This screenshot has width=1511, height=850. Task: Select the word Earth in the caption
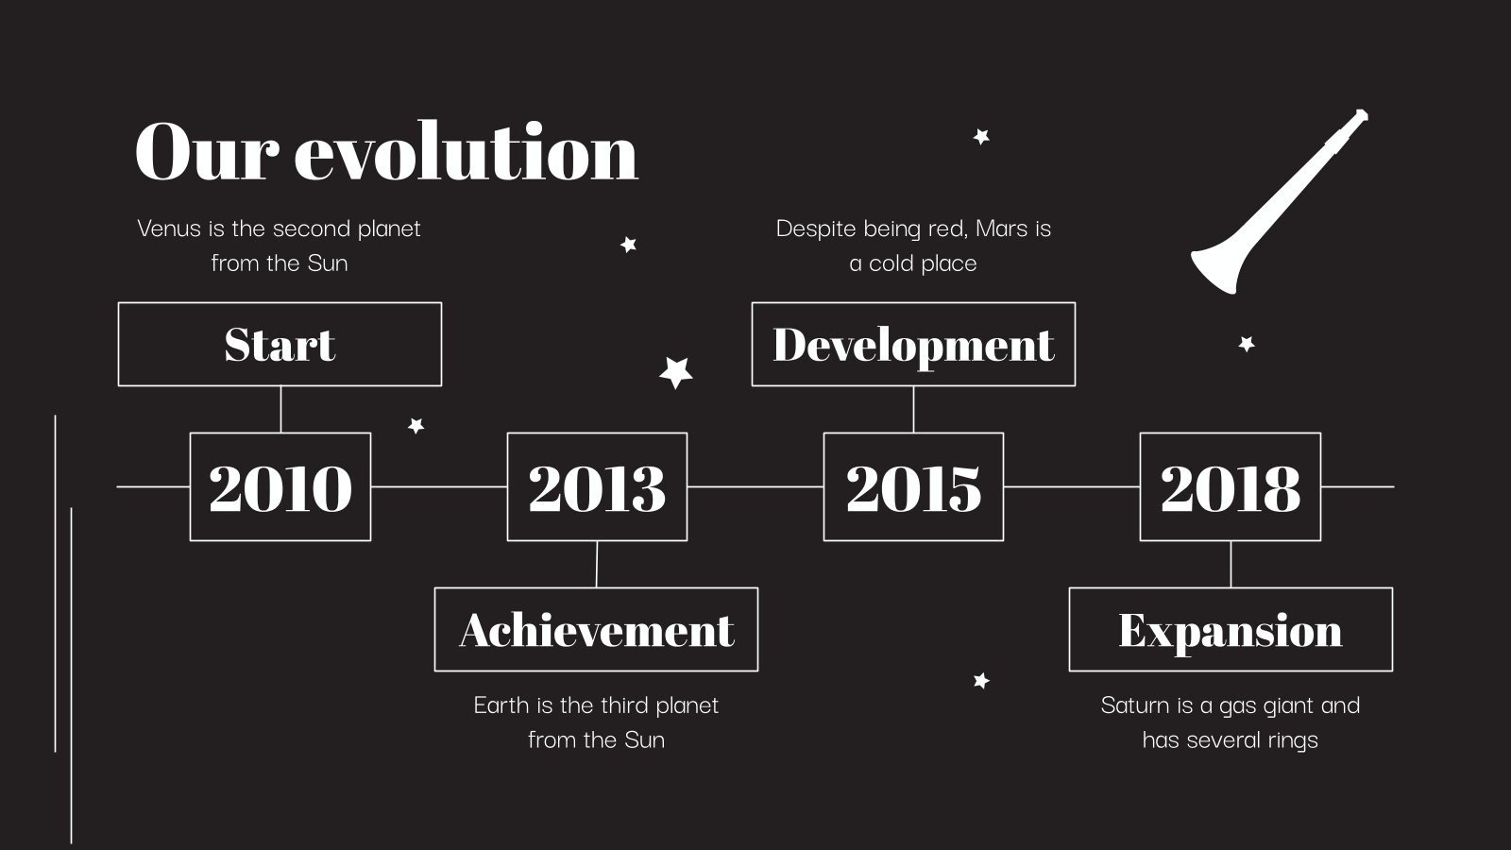pos(501,705)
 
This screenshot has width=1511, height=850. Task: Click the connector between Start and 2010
pos(280,410)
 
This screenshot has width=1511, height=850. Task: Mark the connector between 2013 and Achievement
pos(596,564)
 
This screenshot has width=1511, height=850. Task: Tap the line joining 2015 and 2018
pos(1072,486)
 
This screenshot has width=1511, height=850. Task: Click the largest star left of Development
pos(676,372)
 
